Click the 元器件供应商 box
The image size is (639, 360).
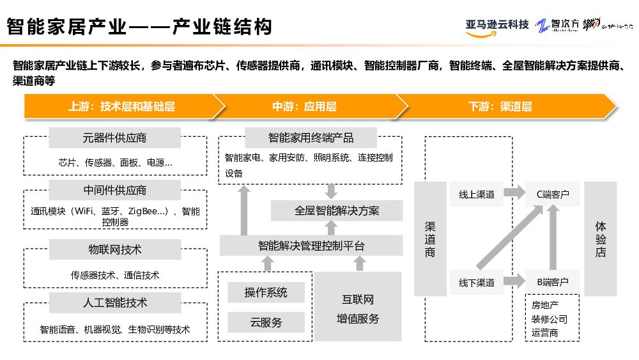(x=115, y=137)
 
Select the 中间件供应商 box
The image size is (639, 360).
(x=115, y=190)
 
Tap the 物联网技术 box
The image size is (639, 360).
(x=115, y=249)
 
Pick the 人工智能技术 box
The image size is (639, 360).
(x=115, y=302)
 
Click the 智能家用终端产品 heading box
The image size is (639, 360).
(x=311, y=137)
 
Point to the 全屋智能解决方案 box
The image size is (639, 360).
(x=337, y=210)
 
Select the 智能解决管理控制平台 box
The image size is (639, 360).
(x=311, y=246)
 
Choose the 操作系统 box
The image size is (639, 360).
(x=266, y=292)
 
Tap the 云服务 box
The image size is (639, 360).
(x=266, y=322)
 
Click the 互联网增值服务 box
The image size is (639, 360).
(x=358, y=308)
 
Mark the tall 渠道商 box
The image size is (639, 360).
(x=430, y=239)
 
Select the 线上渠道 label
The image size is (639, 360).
(x=477, y=194)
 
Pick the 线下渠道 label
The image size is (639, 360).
(x=477, y=282)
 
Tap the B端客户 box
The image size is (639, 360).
(x=552, y=282)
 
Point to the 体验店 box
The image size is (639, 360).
(x=601, y=239)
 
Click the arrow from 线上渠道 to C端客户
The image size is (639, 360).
(x=512, y=192)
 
